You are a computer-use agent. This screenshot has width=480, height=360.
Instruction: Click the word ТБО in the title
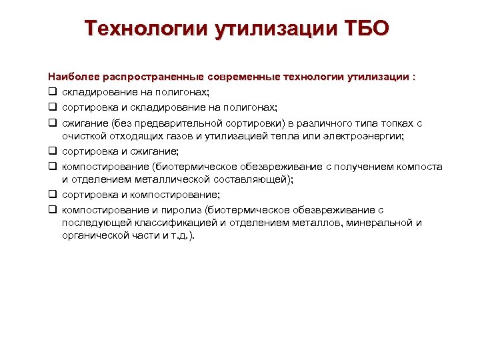(365, 29)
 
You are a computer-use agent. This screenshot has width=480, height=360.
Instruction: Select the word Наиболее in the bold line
(71, 77)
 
